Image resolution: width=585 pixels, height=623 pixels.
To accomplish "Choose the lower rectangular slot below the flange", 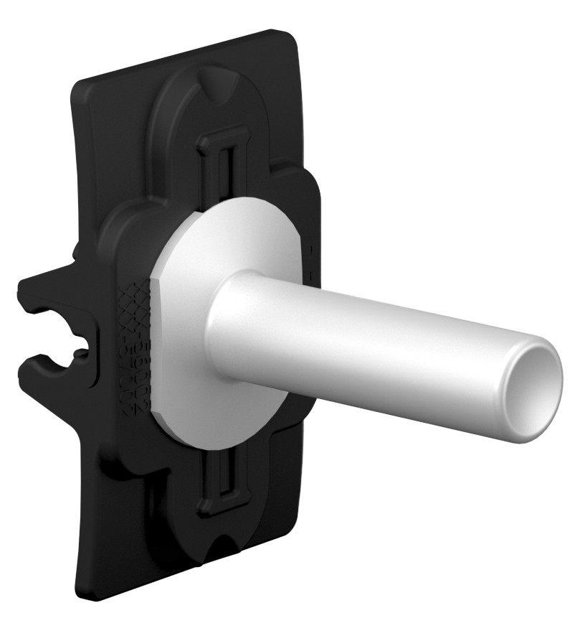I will [224, 481].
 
